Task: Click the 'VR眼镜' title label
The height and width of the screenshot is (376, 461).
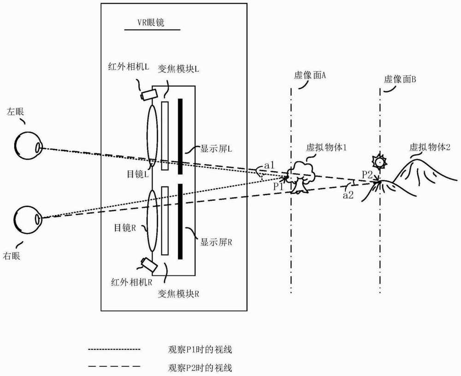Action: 151,23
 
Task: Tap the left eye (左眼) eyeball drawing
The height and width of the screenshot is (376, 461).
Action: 28,146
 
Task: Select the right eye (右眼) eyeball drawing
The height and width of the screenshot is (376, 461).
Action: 28,220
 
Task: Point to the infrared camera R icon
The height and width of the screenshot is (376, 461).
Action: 149,264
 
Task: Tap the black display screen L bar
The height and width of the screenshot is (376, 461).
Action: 180,136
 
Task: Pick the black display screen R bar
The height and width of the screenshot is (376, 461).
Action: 180,221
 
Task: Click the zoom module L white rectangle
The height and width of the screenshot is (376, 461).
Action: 165,136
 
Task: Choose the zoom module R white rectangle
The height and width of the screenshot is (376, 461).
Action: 165,221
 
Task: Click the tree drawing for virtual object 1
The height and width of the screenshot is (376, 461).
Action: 301,177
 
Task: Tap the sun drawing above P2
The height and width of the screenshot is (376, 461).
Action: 378,161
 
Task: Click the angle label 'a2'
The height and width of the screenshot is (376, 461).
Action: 348,195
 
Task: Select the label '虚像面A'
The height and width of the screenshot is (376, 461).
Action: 310,75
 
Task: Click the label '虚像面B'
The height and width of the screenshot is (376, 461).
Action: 400,79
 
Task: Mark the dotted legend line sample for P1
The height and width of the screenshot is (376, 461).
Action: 114,350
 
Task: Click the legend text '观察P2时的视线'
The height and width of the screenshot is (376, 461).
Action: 200,368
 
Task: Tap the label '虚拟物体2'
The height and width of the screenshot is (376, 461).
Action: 430,147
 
